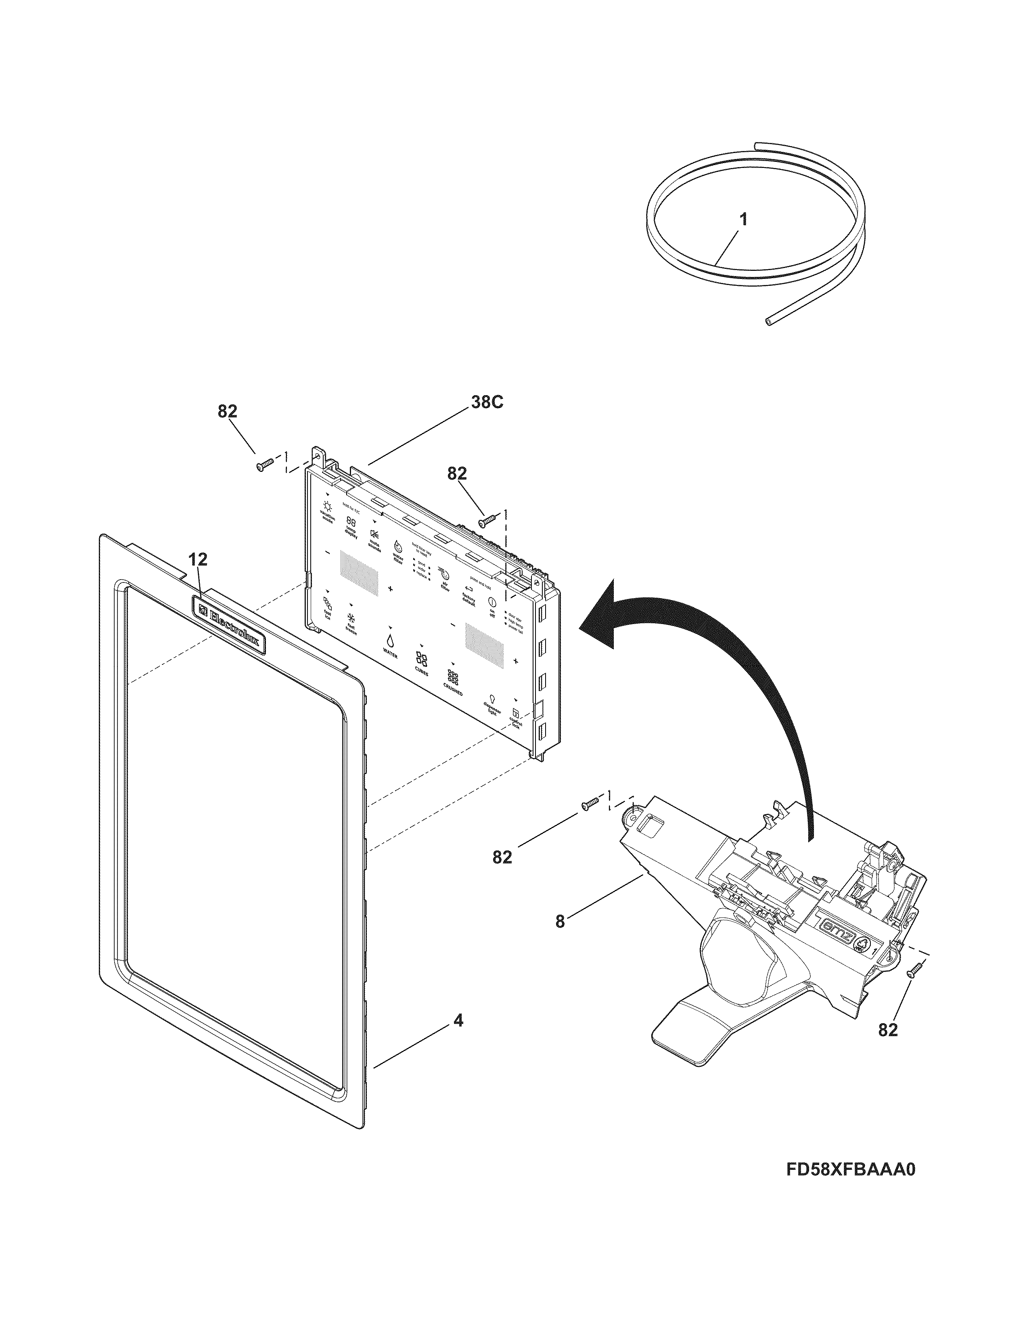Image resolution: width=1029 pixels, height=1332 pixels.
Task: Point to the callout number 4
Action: [458, 1020]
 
